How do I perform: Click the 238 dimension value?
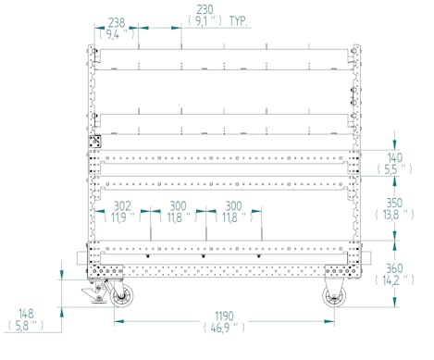click(x=117, y=22)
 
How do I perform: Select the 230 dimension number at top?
click(x=205, y=9)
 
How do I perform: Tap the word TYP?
click(x=239, y=21)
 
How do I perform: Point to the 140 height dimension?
click(x=394, y=158)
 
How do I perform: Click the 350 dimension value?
click(x=394, y=203)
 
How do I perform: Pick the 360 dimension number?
click(x=394, y=268)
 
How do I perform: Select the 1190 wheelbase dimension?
click(x=224, y=317)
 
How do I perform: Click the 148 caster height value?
click(x=26, y=314)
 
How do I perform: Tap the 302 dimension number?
click(x=122, y=205)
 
